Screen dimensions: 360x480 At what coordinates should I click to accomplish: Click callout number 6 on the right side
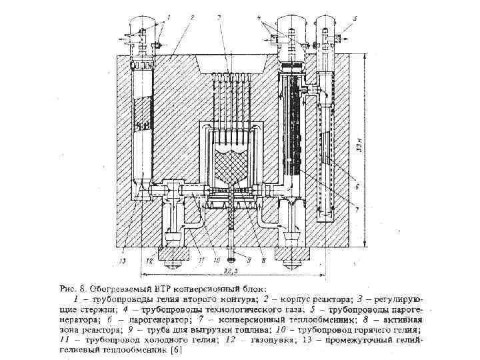point(358,188)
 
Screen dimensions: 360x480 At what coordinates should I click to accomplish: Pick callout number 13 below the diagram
point(121,261)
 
